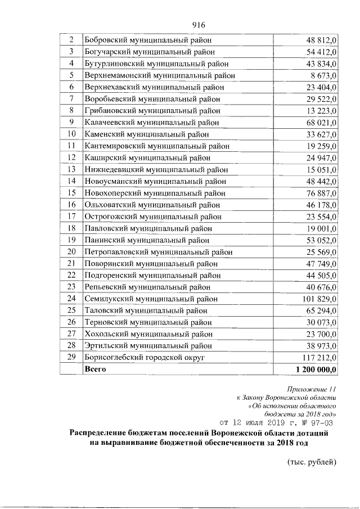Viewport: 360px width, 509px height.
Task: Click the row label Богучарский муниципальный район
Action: (x=149, y=52)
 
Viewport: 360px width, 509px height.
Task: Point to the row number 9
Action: (x=71, y=122)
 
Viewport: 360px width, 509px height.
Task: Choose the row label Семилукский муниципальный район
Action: (x=151, y=298)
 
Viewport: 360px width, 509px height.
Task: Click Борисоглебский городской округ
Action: (x=145, y=357)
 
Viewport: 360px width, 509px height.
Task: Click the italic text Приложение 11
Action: (x=311, y=389)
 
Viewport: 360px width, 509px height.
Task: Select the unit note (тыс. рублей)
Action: (x=311, y=463)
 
